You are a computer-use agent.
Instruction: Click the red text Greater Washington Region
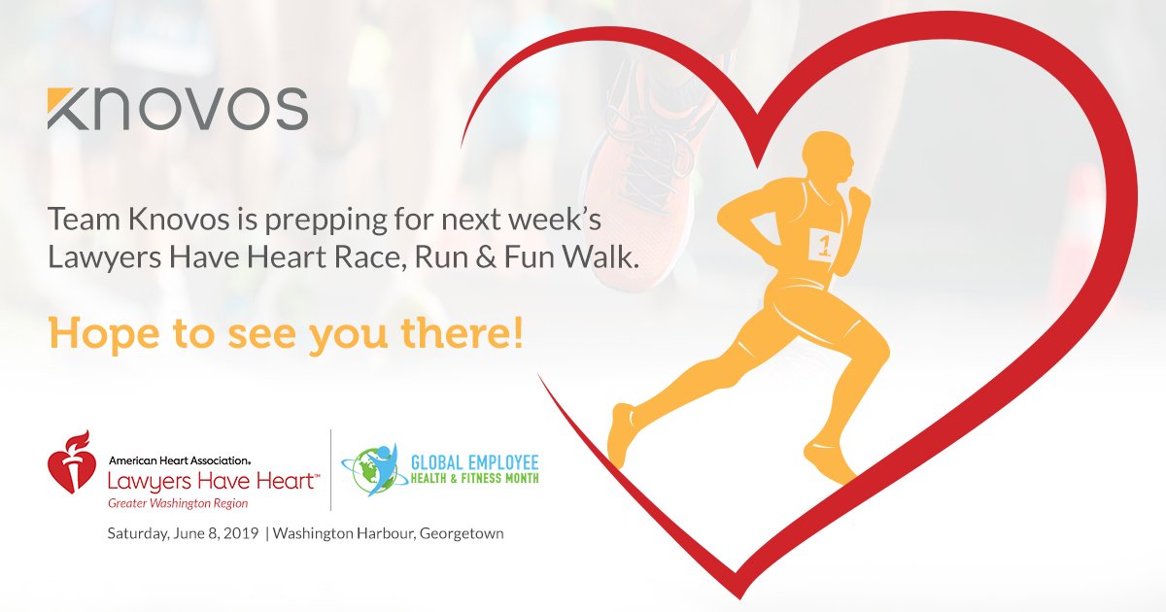[x=178, y=503]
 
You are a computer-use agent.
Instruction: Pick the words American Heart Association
[x=180, y=459]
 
